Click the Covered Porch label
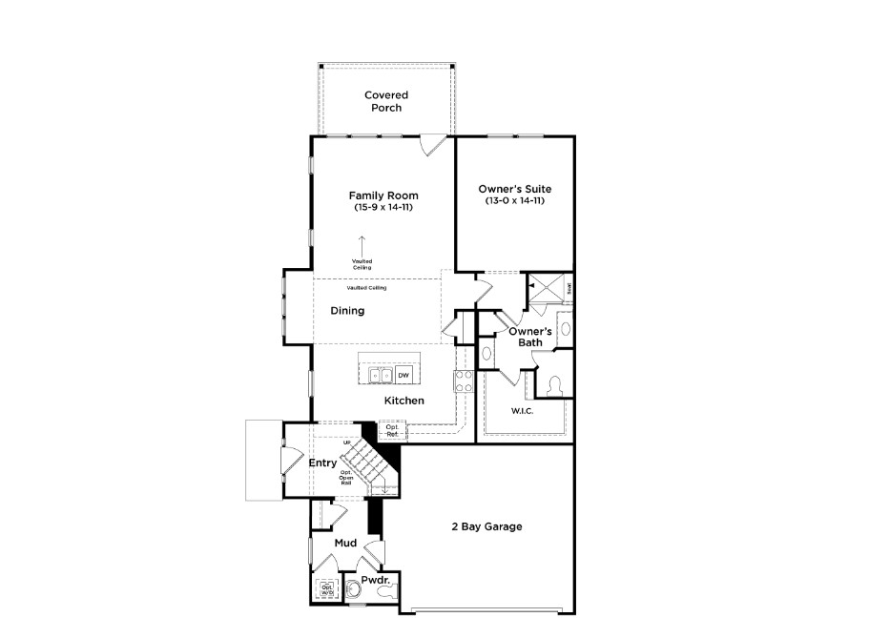tap(386, 101)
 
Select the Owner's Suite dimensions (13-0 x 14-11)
tap(515, 201)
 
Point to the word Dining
tap(348, 311)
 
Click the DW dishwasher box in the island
tap(403, 376)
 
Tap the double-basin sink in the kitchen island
tap(379, 376)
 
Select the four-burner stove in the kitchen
tap(464, 381)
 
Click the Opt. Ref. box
tap(392, 431)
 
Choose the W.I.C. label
tap(522, 411)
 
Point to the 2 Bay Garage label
tap(486, 526)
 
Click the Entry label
tap(323, 463)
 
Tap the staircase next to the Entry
tap(367, 463)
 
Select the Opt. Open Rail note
tap(345, 479)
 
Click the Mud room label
tap(345, 544)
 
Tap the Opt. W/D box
tap(326, 590)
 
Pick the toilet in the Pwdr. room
tap(386, 593)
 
